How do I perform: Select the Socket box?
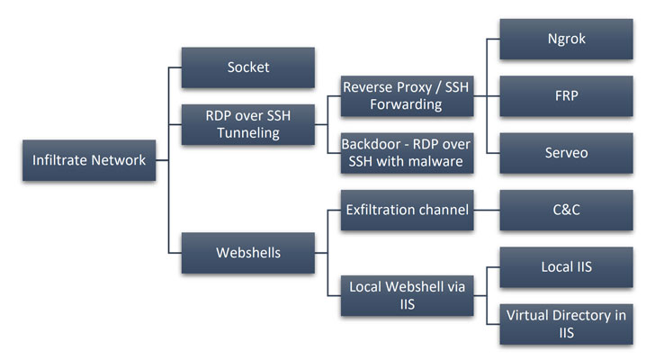click(247, 67)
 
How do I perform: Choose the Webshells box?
click(247, 252)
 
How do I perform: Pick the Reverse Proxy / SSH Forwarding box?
click(407, 96)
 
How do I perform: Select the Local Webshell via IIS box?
click(407, 295)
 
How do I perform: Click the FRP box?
click(566, 96)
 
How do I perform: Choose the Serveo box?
click(566, 153)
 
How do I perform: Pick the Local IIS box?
click(566, 268)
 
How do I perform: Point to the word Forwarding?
click(405, 104)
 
